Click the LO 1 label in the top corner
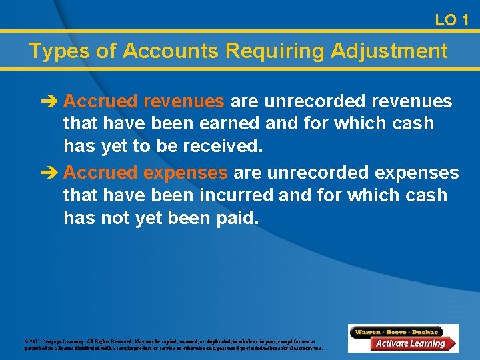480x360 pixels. [x=451, y=21]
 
